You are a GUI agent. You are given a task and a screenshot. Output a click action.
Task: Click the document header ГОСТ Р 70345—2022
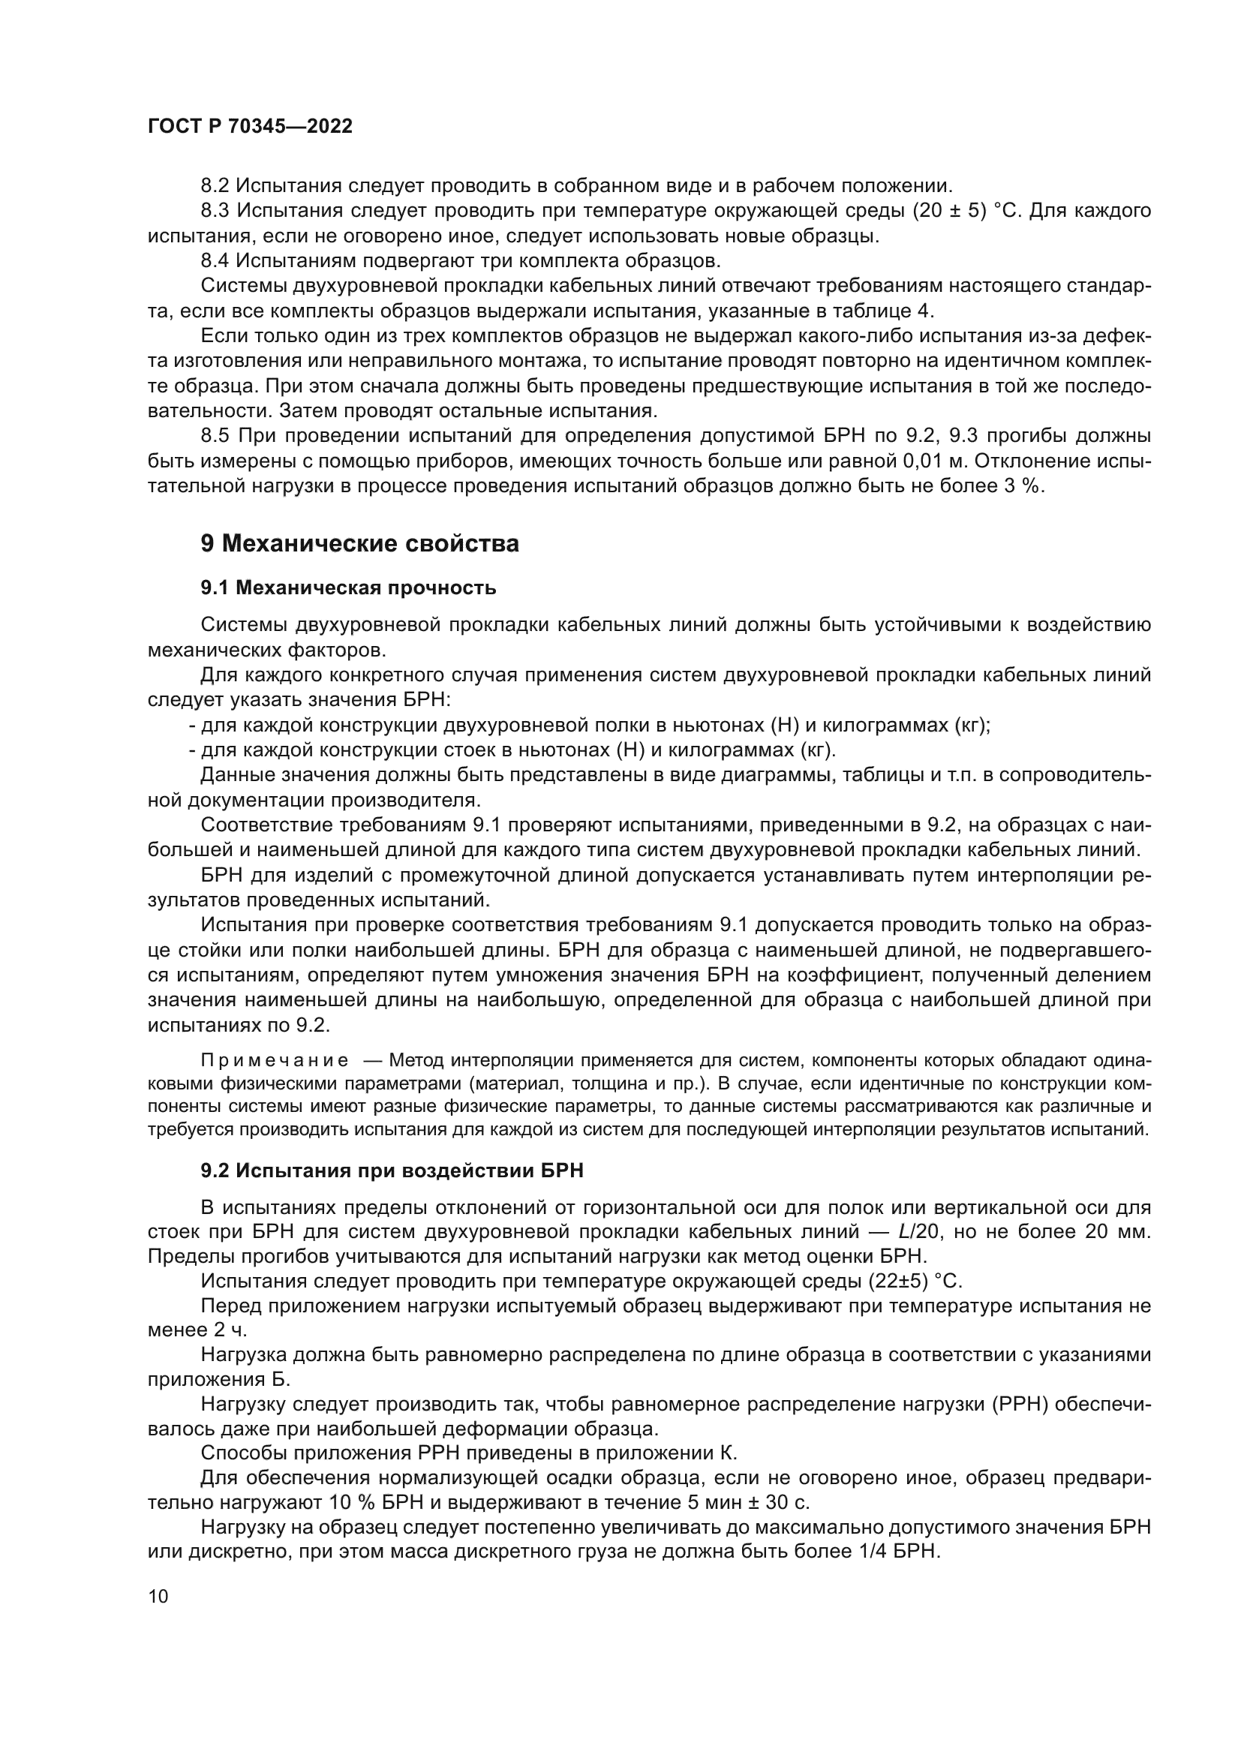pyautogui.click(x=250, y=127)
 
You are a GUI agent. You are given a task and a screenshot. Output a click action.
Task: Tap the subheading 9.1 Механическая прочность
pyautogui.click(x=347, y=588)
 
